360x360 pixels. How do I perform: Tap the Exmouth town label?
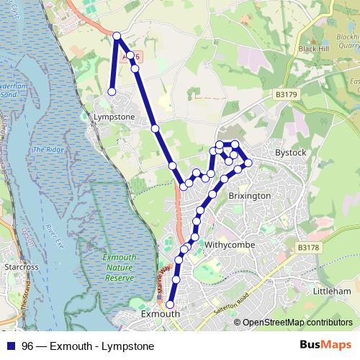point(159,315)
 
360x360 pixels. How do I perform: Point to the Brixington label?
point(249,195)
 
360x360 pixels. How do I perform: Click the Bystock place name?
point(291,153)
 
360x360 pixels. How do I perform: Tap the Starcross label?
point(19,266)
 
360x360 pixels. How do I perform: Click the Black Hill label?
point(312,49)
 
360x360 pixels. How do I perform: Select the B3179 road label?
point(286,94)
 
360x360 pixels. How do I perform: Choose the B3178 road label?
point(307,247)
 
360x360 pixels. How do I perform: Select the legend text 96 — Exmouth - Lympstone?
point(87,346)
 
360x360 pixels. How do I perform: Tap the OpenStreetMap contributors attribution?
point(297,323)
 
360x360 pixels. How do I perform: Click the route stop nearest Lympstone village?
point(112,91)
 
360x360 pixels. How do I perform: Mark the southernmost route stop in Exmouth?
point(170,305)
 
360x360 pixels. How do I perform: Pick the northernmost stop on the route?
point(117,35)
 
